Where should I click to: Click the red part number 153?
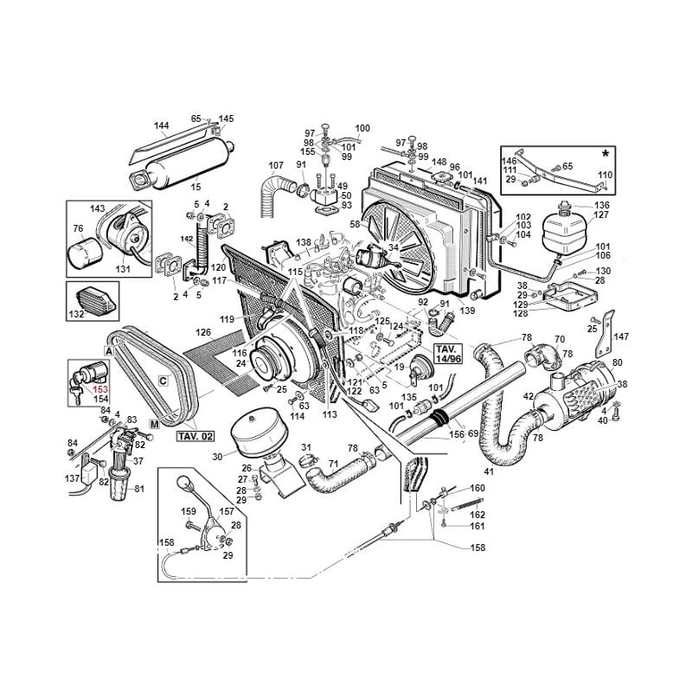(x=100, y=389)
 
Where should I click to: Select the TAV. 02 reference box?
(x=195, y=437)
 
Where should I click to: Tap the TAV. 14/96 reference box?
(x=448, y=354)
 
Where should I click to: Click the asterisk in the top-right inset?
(x=605, y=154)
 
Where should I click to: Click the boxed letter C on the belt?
(x=163, y=380)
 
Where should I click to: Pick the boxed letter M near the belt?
(x=155, y=425)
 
